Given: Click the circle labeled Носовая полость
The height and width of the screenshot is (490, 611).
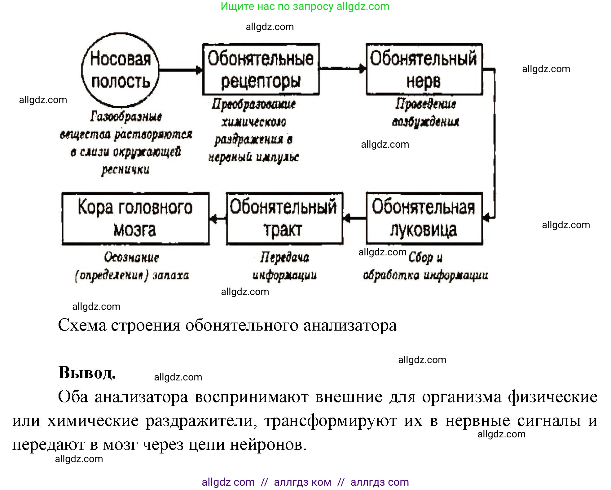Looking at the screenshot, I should [120, 70].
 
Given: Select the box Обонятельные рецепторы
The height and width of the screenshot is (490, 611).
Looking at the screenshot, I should [261, 69].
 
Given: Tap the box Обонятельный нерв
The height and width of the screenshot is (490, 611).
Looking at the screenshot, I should [424, 69].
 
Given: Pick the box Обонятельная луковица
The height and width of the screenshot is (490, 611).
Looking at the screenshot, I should [424, 219].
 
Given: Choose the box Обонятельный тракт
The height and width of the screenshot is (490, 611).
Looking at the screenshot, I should [284, 219].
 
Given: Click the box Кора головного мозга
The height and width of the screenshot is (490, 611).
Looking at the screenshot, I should [135, 219].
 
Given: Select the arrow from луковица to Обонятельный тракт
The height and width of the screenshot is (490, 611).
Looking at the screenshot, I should [354, 219].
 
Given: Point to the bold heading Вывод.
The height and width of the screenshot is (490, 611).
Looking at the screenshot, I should [87, 373].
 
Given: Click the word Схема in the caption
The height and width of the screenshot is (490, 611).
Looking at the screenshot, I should [82, 325].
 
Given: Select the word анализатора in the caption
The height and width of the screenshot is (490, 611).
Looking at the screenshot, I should [350, 325].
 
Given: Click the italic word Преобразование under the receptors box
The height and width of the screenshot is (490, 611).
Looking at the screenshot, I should [253, 104].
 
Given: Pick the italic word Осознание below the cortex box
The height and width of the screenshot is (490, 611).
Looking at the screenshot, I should [131, 257].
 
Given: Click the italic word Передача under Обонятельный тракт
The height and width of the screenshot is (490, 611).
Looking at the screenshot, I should [284, 257].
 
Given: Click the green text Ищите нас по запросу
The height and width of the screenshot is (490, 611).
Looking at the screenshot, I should [277, 7].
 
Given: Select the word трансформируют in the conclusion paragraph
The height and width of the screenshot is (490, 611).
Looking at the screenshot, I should [331, 421].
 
